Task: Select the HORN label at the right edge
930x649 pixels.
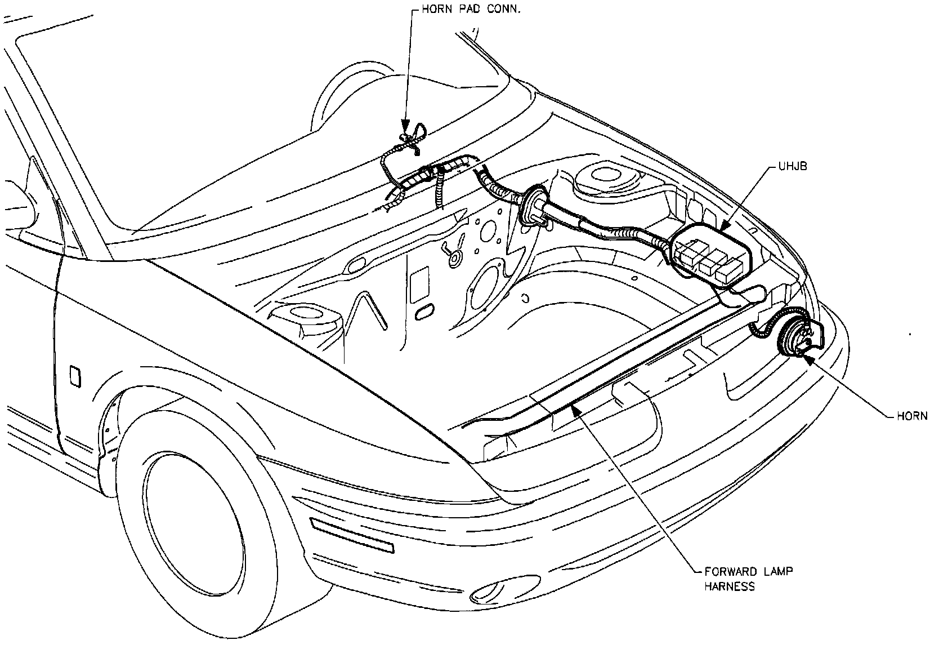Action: (911, 416)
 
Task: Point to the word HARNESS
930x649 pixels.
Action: (729, 586)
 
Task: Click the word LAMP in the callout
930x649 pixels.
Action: (777, 572)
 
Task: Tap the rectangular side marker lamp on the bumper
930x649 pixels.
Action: (352, 536)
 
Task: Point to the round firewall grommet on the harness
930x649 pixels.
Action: (532, 208)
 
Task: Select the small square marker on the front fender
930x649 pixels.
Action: (74, 376)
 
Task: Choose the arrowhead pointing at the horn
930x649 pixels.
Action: (809, 357)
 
